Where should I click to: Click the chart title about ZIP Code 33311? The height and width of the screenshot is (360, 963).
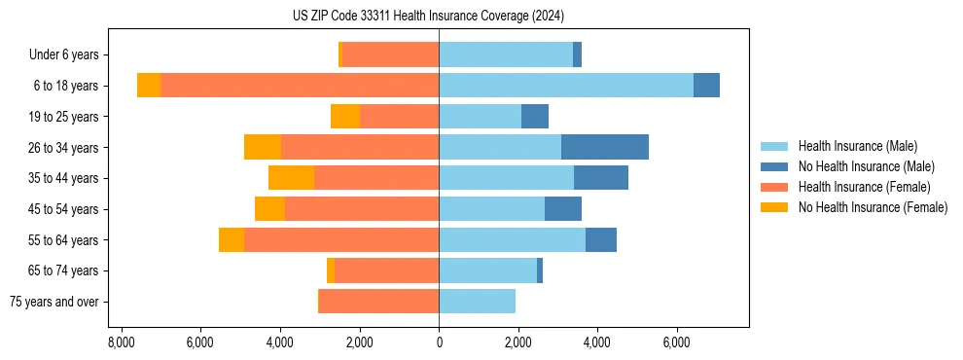pyautogui.click(x=428, y=16)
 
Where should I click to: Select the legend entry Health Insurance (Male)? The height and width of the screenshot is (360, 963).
pyautogui.click(x=857, y=146)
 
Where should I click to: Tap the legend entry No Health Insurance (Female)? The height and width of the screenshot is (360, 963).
pyautogui.click(x=873, y=207)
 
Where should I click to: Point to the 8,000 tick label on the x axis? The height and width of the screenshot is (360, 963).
pyautogui.click(x=121, y=342)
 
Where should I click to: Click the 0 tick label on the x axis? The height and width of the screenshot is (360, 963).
pyautogui.click(x=439, y=342)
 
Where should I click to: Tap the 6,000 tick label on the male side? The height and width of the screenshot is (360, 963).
pyautogui.click(x=677, y=342)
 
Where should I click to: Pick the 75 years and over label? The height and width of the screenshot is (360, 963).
pyautogui.click(x=54, y=302)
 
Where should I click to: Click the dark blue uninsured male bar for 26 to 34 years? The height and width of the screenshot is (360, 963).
pyautogui.click(x=605, y=147)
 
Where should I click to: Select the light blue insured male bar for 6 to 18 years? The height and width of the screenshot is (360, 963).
pyautogui.click(x=566, y=86)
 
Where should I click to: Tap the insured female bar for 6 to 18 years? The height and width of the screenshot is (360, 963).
pyautogui.click(x=300, y=86)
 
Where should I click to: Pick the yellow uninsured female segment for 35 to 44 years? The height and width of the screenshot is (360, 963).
pyautogui.click(x=291, y=178)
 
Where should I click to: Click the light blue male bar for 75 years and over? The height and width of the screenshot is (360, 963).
pyautogui.click(x=477, y=302)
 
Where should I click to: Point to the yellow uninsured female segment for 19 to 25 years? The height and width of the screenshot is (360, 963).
pyautogui.click(x=345, y=117)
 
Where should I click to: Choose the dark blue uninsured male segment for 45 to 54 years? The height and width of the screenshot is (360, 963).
pyautogui.click(x=563, y=209)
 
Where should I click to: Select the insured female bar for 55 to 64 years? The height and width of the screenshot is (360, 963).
pyautogui.click(x=341, y=240)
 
